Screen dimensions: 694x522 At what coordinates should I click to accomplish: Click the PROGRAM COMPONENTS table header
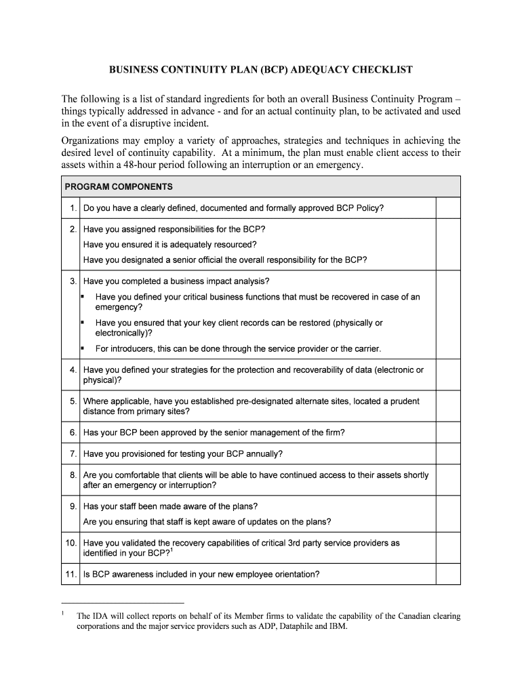pos(119,187)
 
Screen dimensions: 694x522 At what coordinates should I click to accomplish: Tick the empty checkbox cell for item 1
pos(447,208)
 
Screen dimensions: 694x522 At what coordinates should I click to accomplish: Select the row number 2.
pos(73,229)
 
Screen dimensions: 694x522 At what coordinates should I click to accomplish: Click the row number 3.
pos(73,281)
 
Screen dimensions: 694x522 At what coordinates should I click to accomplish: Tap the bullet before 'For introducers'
pos(82,348)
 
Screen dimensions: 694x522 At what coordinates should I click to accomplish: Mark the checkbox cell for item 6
pos(447,432)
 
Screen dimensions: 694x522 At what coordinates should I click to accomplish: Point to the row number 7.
pos(73,453)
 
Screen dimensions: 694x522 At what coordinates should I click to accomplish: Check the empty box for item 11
pos(447,574)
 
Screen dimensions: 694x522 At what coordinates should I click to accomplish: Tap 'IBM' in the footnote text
pos(338,627)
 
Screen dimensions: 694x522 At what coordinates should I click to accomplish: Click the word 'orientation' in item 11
pos(296,574)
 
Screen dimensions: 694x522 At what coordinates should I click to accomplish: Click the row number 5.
pos(73,401)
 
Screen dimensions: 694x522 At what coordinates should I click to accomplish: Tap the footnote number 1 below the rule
pos(62,614)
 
